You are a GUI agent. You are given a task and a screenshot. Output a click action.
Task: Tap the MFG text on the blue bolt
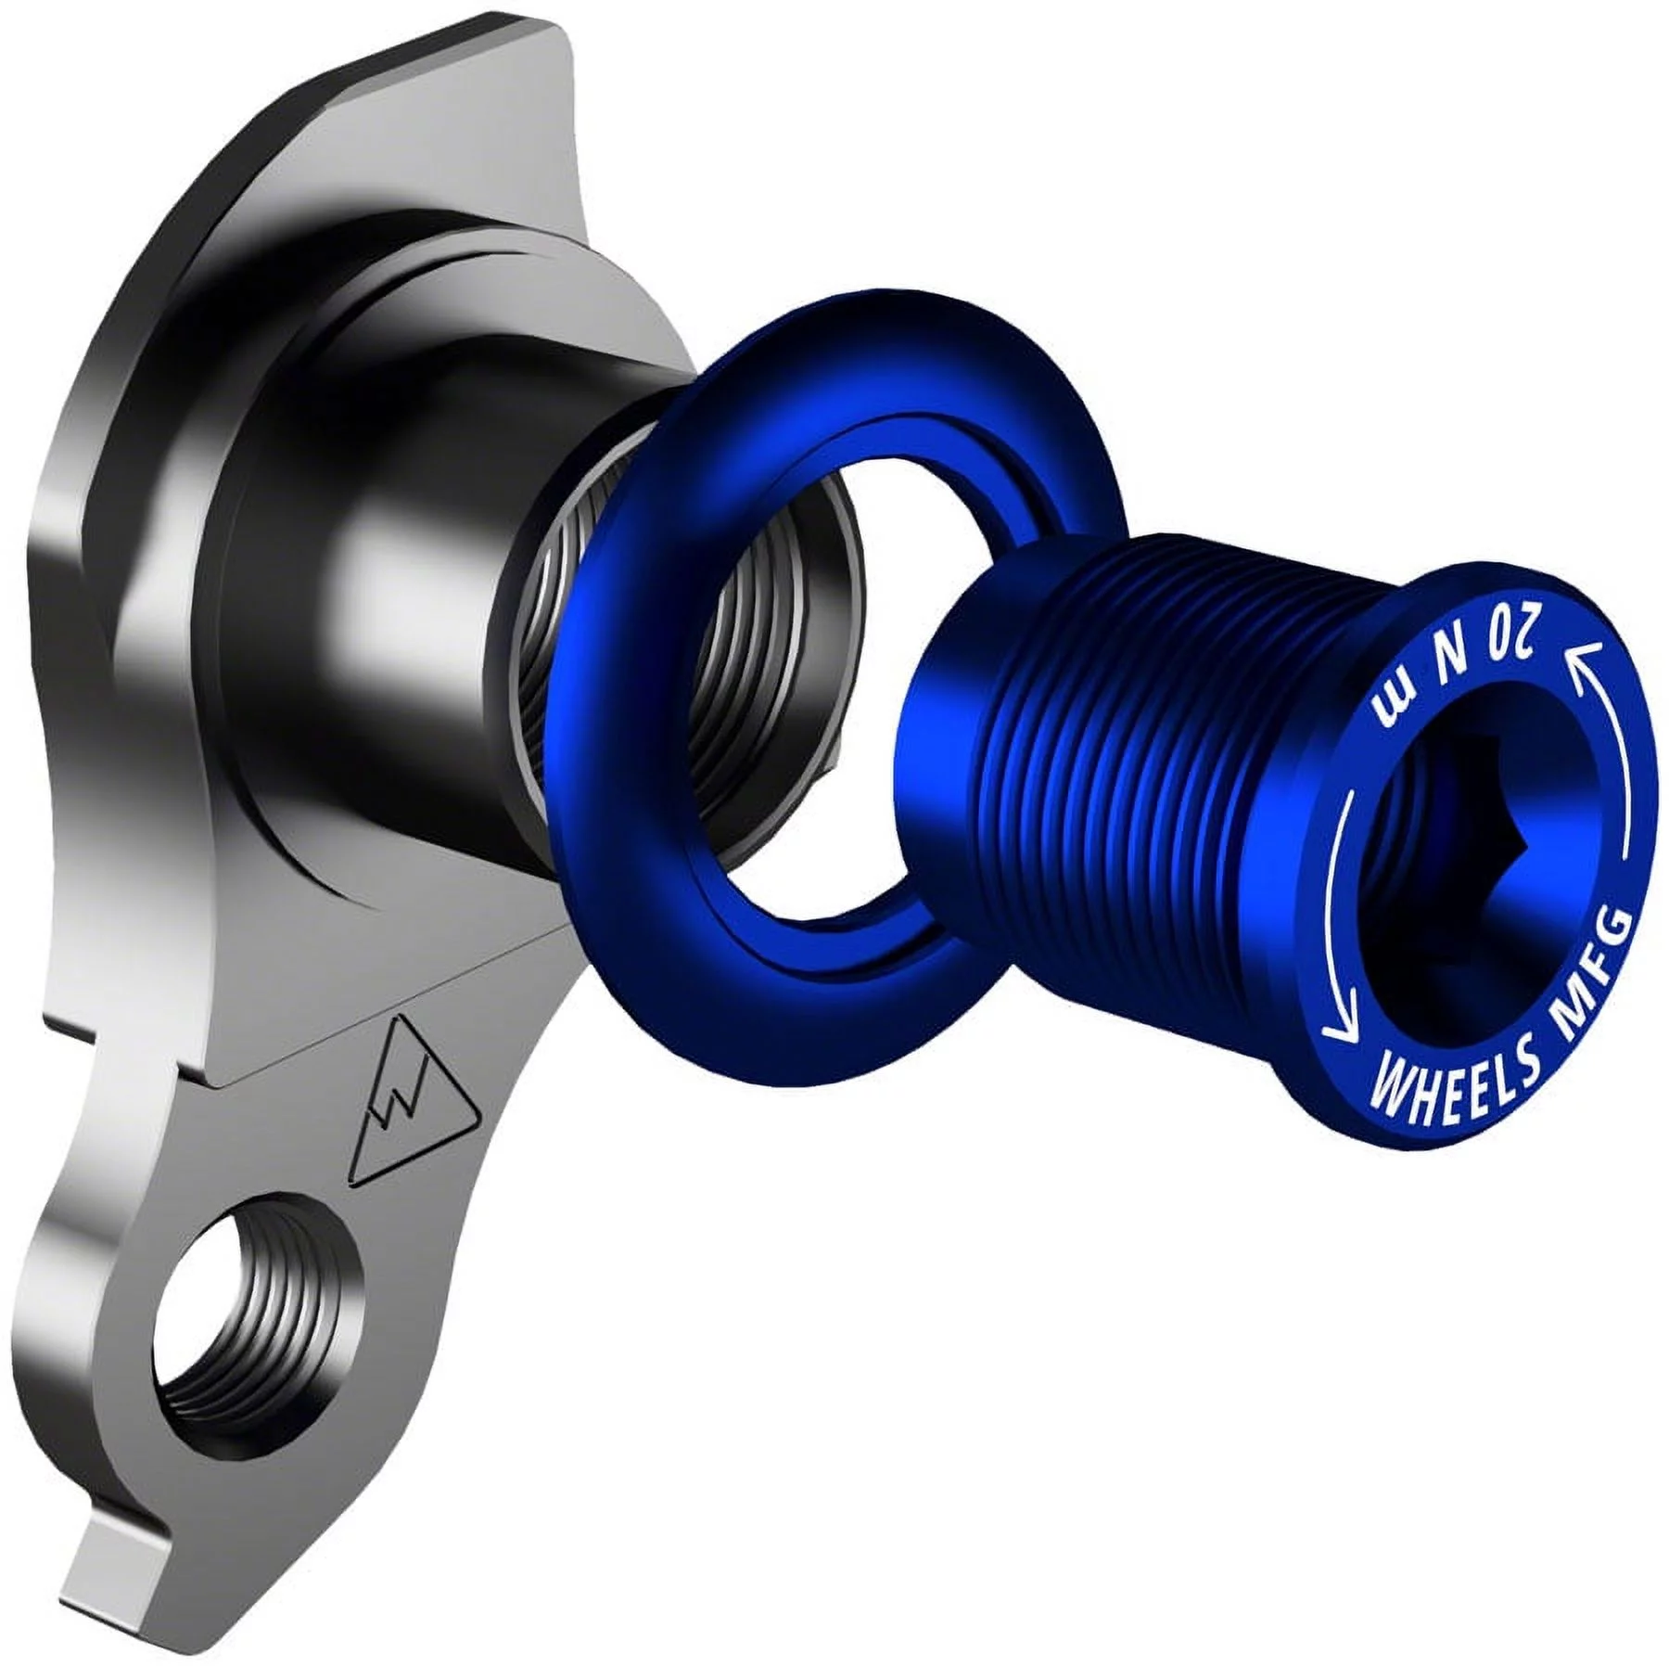tap(1591, 965)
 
